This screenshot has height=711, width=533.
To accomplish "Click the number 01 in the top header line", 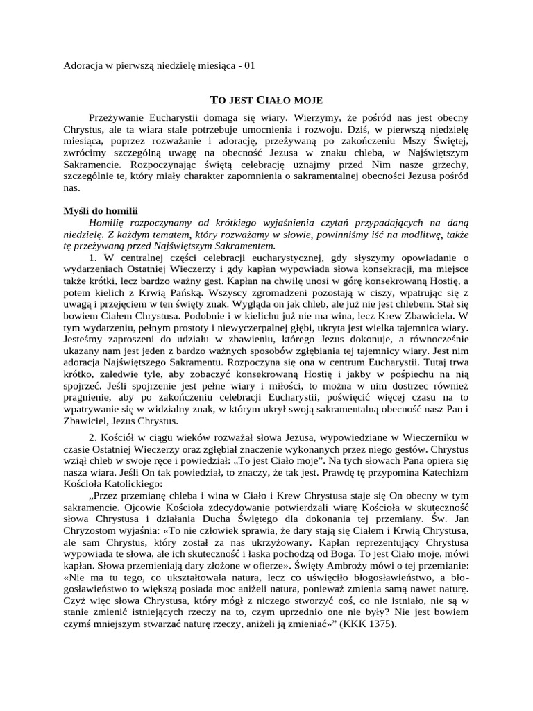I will [250, 66].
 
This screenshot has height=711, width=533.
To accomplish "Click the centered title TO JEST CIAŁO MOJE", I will [266, 101].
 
